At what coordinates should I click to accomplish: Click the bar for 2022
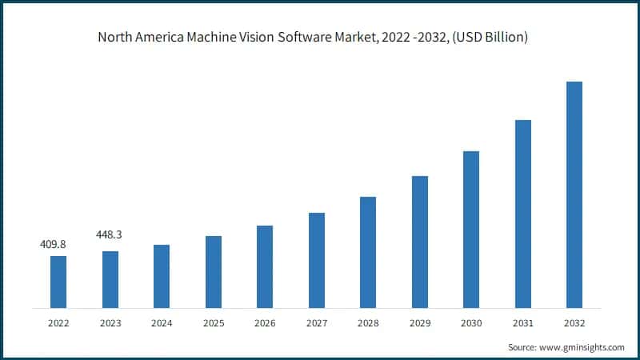tap(58, 282)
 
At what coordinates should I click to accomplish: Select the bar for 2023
tap(110, 279)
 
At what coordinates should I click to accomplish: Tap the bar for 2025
tap(213, 272)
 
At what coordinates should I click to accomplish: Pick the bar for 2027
tap(317, 260)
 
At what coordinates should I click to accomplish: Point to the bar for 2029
tap(420, 242)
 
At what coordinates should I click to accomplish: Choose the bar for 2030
tap(471, 229)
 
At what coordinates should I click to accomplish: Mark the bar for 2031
tap(523, 214)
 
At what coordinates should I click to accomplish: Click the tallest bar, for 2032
tap(574, 194)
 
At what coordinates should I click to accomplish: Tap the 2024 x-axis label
tap(162, 323)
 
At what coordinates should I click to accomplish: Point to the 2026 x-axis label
tap(265, 323)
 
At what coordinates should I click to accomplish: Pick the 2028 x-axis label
tap(368, 323)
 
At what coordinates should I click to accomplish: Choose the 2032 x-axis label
tap(574, 323)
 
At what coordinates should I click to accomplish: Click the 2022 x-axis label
tap(58, 323)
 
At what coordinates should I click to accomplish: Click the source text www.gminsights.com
tap(582, 347)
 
